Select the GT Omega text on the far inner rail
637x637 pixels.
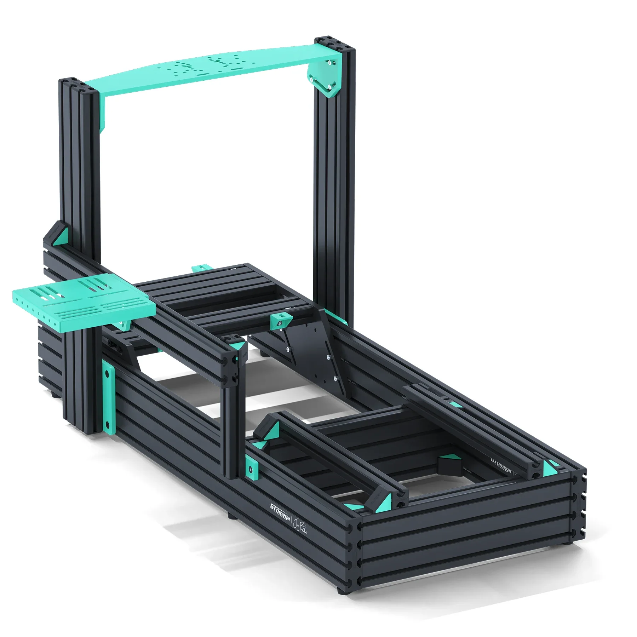501,465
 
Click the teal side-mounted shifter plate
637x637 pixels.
84,304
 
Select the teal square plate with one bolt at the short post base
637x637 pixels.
251,467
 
